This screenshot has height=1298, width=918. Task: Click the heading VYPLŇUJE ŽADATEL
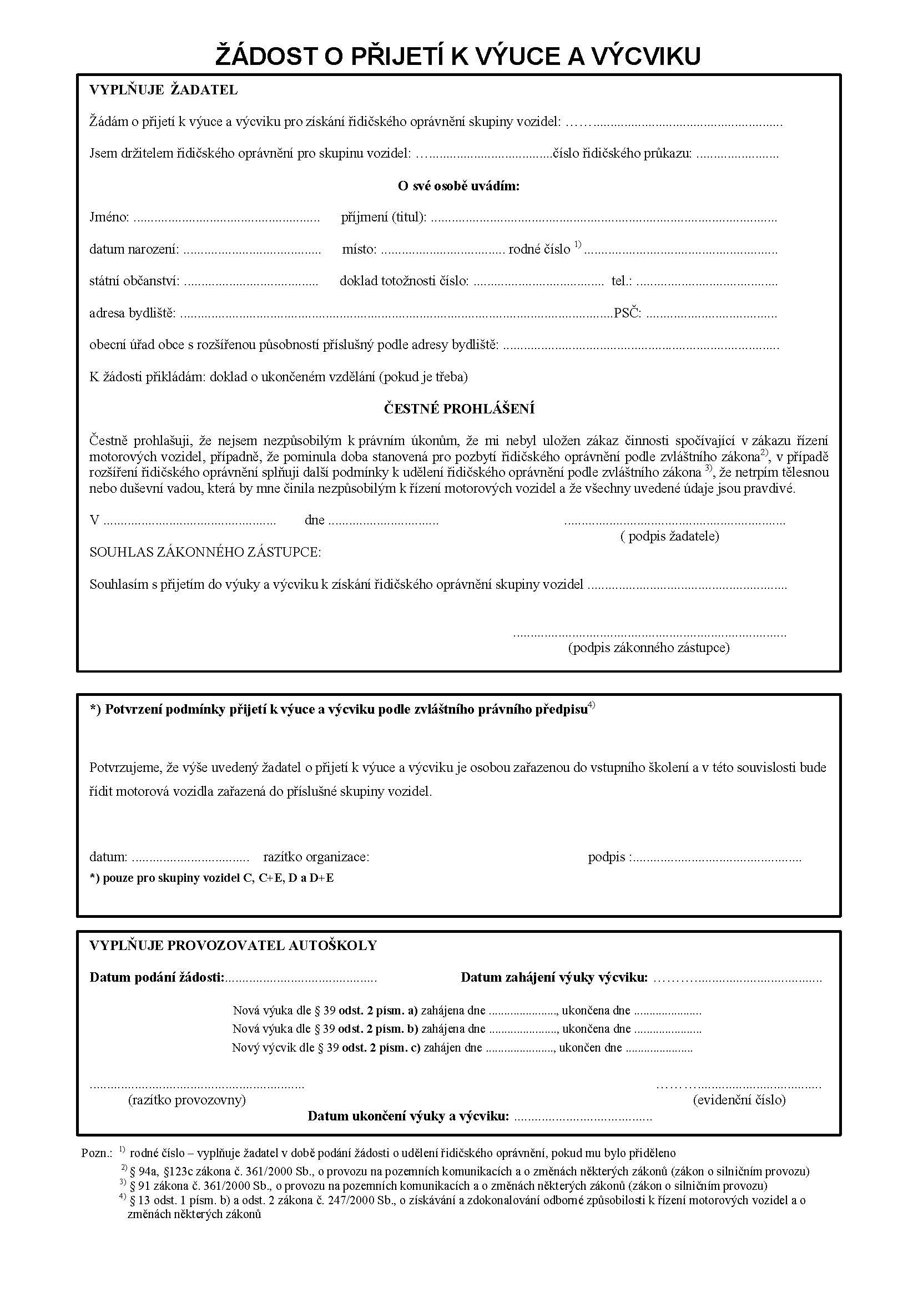click(163, 90)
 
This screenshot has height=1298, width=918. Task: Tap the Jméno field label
click(109, 217)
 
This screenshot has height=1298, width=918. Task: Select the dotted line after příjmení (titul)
click(603, 219)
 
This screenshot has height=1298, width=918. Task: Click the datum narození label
click(134, 249)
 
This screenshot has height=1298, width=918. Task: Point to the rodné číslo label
click(539, 249)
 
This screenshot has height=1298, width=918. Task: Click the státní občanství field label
click(134, 281)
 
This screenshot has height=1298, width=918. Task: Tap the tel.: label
click(621, 281)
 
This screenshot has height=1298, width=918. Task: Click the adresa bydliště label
click(132, 313)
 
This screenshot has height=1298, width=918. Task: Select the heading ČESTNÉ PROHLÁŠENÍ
click(459, 409)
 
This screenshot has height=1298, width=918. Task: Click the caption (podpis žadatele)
click(669, 536)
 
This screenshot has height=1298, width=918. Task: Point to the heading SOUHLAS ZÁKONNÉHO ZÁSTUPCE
click(205, 552)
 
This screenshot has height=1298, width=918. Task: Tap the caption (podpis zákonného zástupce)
click(648, 648)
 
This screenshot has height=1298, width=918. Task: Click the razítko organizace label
click(316, 857)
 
